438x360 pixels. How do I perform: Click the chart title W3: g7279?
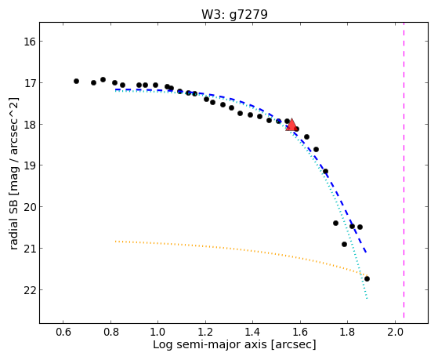coord(234,14)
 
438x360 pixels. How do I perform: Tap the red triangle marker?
coord(291,125)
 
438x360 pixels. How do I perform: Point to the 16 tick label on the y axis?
coord(29,42)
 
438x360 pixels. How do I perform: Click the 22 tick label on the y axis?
coord(29,290)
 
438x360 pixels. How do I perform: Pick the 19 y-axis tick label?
coord(29,165)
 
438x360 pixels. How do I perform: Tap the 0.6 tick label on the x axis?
coord(63,333)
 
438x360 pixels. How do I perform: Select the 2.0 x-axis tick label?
coord(395,333)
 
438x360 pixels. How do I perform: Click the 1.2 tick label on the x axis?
coord(205,333)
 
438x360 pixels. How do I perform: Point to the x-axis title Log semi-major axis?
coord(210,344)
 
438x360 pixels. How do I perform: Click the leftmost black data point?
coord(76,81)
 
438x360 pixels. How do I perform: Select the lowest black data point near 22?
coord(367,279)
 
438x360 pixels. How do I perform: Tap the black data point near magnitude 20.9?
coord(344,244)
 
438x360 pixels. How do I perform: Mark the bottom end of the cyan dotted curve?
coord(367,299)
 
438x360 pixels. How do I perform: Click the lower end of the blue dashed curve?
coord(366,253)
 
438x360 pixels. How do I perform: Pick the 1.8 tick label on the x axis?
coord(347,333)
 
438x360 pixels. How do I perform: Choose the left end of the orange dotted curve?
coord(116,241)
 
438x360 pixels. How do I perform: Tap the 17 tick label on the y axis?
coord(29,83)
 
